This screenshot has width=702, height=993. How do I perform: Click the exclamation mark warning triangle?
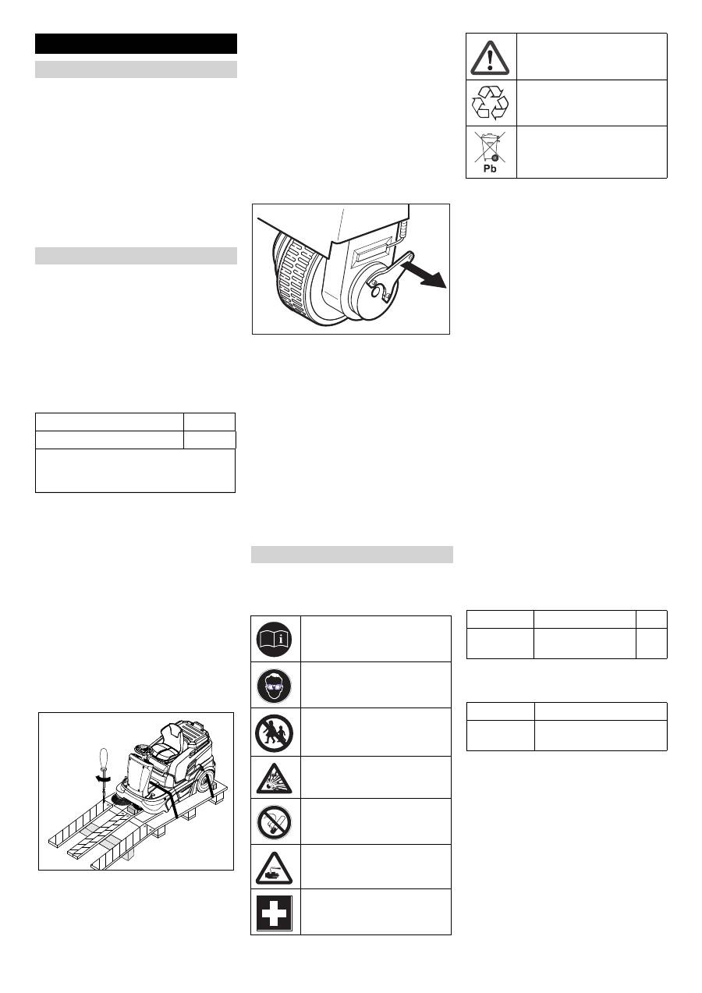click(490, 58)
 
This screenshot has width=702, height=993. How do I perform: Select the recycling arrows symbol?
click(490, 103)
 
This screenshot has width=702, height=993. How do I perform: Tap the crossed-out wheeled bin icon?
click(490, 147)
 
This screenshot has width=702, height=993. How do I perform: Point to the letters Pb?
click(490, 168)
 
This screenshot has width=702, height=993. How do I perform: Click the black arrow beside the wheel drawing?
click(424, 274)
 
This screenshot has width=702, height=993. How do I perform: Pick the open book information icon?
click(275, 639)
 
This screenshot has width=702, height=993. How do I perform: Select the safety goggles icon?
click(275, 686)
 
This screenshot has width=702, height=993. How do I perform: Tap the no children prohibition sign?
click(275, 734)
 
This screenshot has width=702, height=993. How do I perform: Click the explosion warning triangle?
click(275, 779)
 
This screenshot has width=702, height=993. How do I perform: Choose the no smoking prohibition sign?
click(275, 822)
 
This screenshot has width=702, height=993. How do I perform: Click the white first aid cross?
click(275, 913)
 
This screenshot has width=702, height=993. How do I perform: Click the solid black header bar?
click(136, 44)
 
